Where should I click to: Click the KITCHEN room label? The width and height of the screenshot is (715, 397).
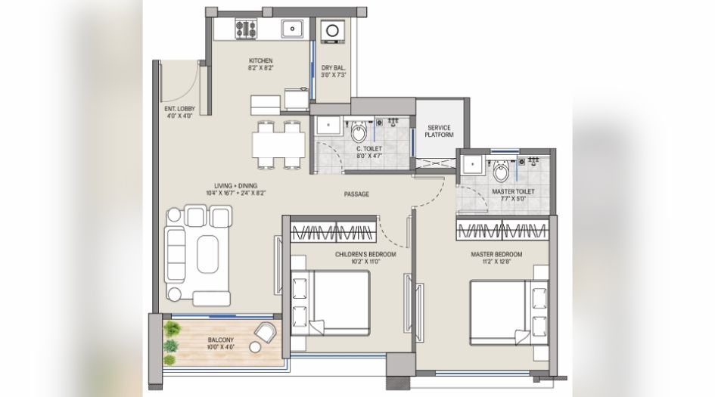point(261,60)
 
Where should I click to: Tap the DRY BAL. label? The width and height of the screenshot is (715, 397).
point(333,67)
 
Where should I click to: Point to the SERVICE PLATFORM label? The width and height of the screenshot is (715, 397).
point(440,131)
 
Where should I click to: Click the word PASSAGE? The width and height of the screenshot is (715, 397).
point(356,194)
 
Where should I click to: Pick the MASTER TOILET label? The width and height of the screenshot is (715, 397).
point(513,192)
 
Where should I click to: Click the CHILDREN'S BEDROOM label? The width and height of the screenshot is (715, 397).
point(365,255)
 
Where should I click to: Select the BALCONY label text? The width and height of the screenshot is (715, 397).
point(221,340)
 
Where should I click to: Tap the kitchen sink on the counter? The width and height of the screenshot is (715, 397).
point(291,29)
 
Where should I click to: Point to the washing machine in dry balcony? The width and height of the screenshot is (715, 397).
point(331,32)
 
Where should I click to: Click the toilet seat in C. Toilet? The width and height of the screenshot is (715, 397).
point(359,135)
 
